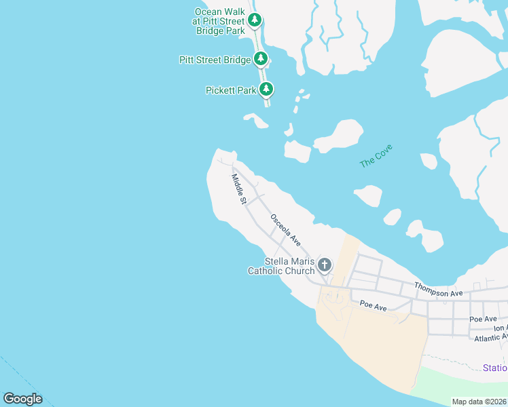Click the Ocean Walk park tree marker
tap(255, 20)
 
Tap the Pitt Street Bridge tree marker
tap(261, 60)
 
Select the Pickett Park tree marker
tap(267, 89)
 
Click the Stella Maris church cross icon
tap(325, 265)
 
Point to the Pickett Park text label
tap(232, 90)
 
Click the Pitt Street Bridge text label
tap(215, 60)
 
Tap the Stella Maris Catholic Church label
tap(281, 267)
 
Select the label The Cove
tap(376, 156)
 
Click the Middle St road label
tap(238, 189)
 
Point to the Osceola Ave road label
tap(285, 229)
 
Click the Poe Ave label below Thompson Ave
tap(374, 307)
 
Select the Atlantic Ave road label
tap(490, 338)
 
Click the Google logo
tap(22, 399)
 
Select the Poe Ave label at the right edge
tap(483, 319)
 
